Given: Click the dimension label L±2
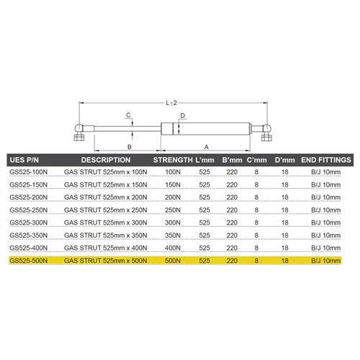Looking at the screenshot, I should pyautogui.click(x=171, y=103).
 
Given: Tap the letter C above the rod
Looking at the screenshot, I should pyautogui.click(x=128, y=115).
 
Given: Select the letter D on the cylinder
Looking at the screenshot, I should pyautogui.click(x=183, y=115).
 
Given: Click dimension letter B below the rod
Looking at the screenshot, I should pyautogui.click(x=130, y=146).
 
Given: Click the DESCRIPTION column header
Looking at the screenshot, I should pyautogui.click(x=105, y=159).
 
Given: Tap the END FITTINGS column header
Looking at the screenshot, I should pyautogui.click(x=325, y=159).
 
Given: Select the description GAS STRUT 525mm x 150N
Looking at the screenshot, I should pyautogui.click(x=105, y=185).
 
